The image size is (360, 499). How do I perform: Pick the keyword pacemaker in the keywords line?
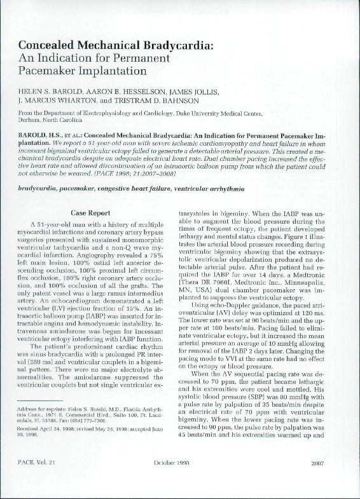[x=78, y=189]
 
